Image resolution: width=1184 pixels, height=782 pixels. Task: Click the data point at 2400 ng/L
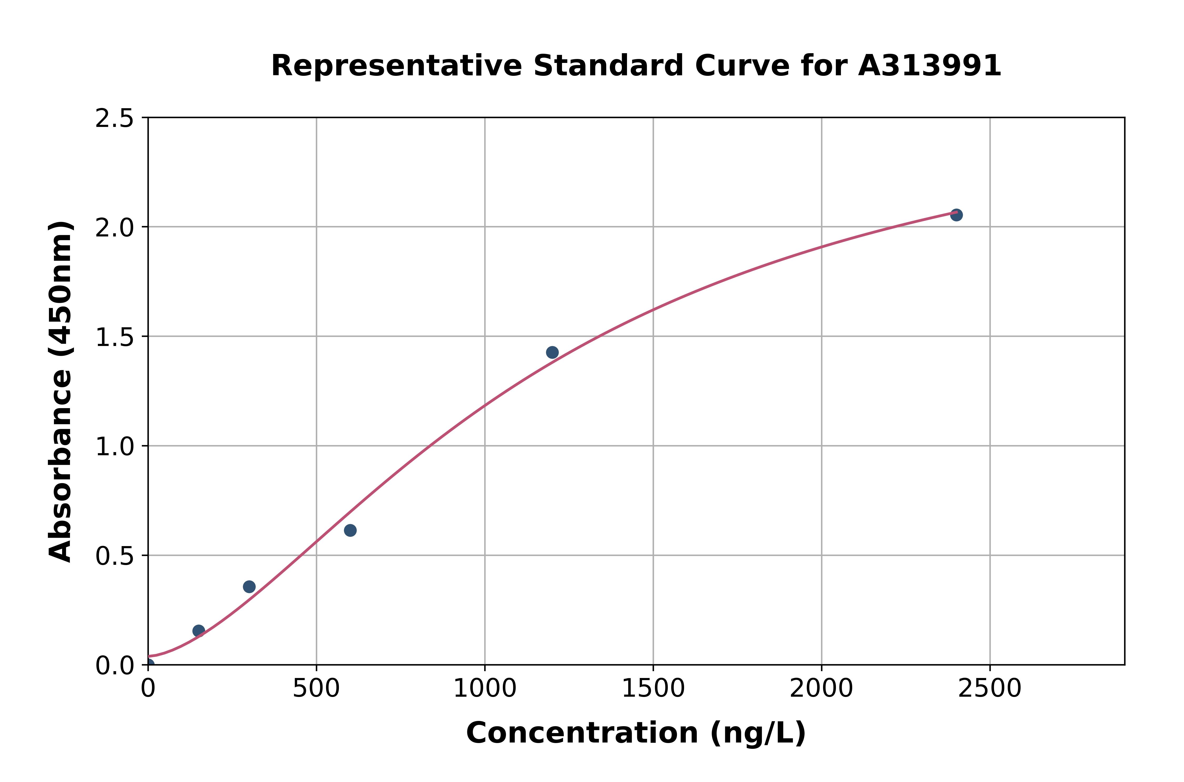[956, 215]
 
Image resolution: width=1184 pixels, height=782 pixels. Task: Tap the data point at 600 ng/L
[350, 530]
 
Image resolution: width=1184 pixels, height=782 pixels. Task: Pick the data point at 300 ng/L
[249, 587]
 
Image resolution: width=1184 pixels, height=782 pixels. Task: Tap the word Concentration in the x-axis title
[582, 733]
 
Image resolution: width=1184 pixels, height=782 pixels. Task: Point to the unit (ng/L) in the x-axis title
[757, 733]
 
